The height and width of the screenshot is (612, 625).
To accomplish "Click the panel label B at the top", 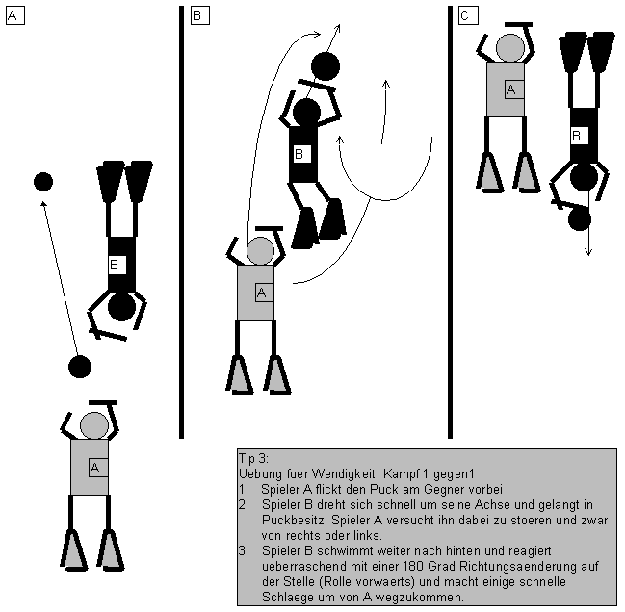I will coord(197,15).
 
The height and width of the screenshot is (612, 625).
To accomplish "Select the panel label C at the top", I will coord(465,15).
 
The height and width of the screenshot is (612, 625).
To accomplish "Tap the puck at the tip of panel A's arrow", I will coord(42,181).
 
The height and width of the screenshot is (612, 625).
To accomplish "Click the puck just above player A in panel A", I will coord(80,366).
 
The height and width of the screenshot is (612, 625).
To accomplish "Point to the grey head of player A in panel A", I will coord(93,424).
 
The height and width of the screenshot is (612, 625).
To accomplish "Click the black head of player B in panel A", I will coord(121,307).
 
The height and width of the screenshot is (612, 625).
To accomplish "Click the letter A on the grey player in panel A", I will coord(94,468).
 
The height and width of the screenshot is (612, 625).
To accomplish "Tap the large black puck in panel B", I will coord(325,66).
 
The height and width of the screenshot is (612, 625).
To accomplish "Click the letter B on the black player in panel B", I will coord(299,153).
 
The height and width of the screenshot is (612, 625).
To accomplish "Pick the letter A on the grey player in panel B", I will coord(261,293).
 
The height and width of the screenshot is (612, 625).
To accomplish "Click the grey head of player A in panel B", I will coord(260,251).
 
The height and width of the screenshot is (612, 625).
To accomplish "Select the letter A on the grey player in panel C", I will coord(510,89).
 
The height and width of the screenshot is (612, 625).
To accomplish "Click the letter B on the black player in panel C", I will coord(576,136).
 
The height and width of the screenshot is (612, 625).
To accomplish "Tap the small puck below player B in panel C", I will coord(579,219).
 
